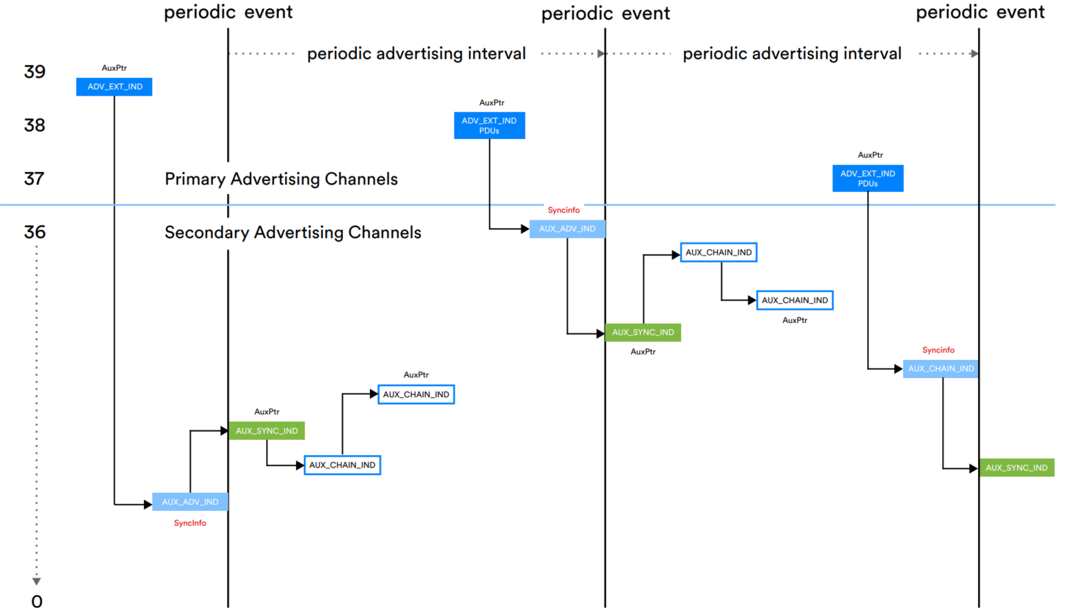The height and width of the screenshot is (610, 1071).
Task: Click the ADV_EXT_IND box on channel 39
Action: click(x=114, y=87)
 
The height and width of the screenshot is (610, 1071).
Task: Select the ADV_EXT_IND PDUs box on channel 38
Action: click(x=489, y=125)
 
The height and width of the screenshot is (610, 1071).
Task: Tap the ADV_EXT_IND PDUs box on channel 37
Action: click(x=867, y=178)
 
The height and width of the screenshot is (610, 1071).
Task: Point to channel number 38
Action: click(x=34, y=125)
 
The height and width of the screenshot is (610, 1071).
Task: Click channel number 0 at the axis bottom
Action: click(x=37, y=601)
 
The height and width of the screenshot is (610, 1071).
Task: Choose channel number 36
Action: click(x=34, y=232)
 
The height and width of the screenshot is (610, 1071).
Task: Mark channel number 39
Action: click(x=34, y=72)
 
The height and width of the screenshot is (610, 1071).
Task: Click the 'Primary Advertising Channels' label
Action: click(x=281, y=179)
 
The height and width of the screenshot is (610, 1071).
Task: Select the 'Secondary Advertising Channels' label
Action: click(x=293, y=233)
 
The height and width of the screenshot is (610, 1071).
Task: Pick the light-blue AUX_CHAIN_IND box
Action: click(x=940, y=369)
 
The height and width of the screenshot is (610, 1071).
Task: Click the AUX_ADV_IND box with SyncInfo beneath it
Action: click(x=190, y=502)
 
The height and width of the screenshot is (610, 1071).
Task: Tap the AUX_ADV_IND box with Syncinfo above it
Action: click(x=567, y=229)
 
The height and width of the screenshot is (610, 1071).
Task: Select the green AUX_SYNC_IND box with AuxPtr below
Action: click(x=643, y=333)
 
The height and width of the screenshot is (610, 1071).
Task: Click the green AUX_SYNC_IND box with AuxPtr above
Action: click(x=267, y=431)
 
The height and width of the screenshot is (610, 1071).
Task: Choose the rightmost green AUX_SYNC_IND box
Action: click(x=1016, y=468)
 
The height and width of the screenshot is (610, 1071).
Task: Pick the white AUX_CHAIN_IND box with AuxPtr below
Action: click(x=794, y=300)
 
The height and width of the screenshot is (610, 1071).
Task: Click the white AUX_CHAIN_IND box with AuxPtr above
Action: click(x=416, y=395)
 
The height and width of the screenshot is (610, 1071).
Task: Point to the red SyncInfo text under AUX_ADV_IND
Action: click(x=190, y=523)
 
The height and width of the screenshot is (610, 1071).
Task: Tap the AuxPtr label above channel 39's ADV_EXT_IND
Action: click(x=114, y=68)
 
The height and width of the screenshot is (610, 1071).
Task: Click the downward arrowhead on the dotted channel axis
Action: click(x=37, y=581)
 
